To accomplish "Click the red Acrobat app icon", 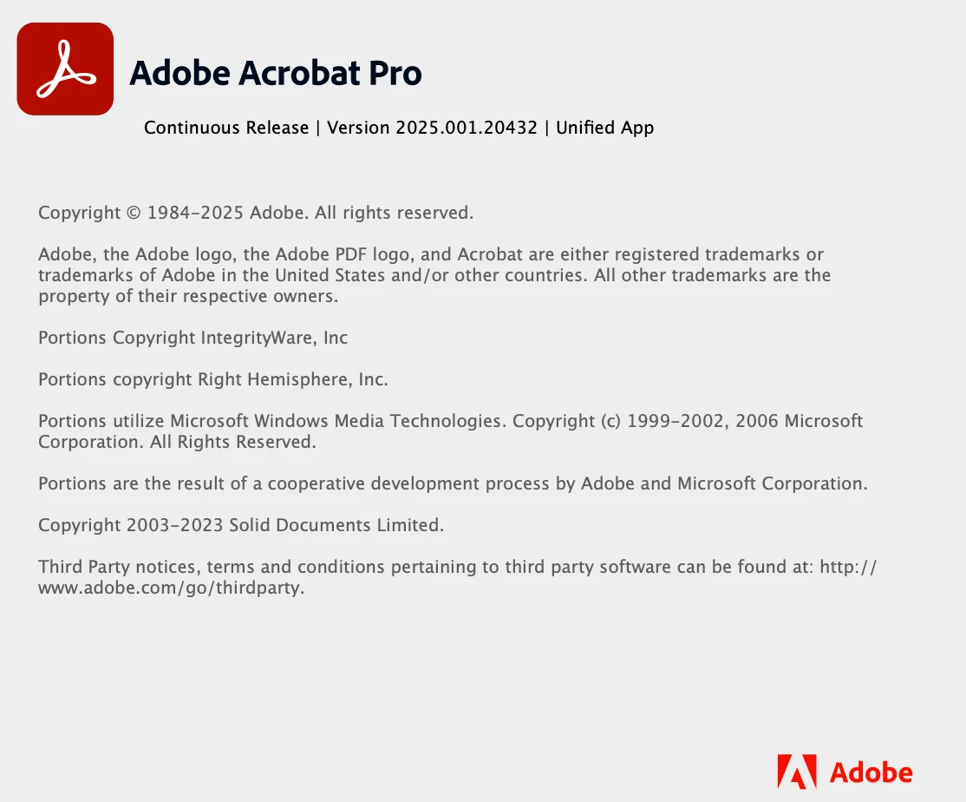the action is (65, 69).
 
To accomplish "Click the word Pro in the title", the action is (395, 73).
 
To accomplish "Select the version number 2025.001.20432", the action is (467, 128).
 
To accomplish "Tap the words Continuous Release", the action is (226, 128).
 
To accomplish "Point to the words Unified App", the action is (605, 128).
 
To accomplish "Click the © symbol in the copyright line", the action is (134, 213).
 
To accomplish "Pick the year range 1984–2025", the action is (195, 213).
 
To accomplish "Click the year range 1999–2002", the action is (676, 421).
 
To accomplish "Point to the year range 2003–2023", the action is (174, 525).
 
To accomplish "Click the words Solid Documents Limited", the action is (336, 525).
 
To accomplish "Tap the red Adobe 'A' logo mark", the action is (797, 771).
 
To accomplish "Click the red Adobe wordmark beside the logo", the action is (871, 772).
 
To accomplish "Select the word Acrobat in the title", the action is (299, 73).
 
